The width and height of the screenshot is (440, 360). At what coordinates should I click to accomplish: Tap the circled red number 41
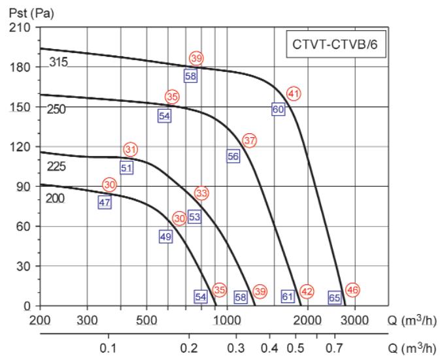(294, 94)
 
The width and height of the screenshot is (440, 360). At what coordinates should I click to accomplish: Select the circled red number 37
(249, 140)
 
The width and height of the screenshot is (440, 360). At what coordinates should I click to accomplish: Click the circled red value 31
(131, 150)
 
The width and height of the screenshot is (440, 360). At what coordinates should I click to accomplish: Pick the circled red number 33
(201, 193)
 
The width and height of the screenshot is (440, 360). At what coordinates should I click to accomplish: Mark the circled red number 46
(352, 289)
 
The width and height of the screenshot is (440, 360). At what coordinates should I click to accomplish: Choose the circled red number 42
(307, 291)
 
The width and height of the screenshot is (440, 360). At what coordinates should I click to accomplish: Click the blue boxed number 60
(278, 109)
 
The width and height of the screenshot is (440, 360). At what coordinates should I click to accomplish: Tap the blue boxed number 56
(233, 156)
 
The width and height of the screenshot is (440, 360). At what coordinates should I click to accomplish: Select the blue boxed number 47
(105, 203)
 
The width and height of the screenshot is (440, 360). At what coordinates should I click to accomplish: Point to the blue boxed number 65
(334, 297)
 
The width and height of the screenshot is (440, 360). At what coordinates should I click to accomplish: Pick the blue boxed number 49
(165, 237)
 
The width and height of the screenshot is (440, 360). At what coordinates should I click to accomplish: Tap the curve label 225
(57, 167)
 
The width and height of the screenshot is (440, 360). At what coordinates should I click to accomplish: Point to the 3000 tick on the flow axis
(354, 319)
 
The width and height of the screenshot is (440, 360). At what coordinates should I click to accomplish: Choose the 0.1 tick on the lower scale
(109, 347)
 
